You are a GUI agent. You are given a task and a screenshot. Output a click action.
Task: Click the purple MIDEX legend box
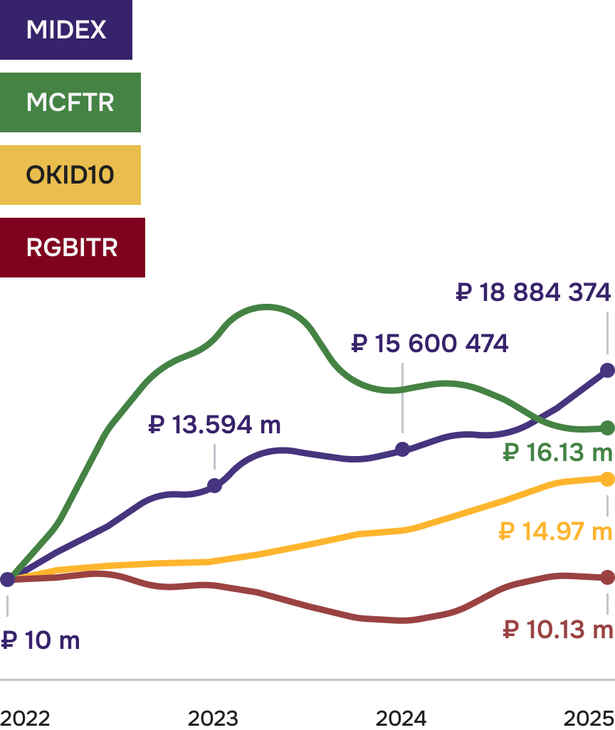click(x=65, y=29)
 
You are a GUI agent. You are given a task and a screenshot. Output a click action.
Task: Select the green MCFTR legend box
click(x=70, y=102)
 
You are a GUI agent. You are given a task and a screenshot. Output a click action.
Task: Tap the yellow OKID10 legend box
click(x=70, y=175)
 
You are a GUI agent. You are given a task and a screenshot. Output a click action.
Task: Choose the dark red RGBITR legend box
click(x=72, y=248)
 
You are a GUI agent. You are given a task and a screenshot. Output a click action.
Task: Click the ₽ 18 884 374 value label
click(x=533, y=292)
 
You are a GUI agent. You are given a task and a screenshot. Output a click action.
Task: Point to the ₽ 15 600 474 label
click(x=430, y=344)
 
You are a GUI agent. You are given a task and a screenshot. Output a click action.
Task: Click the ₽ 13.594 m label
click(x=214, y=425)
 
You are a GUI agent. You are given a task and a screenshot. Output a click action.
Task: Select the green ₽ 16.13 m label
click(x=557, y=452)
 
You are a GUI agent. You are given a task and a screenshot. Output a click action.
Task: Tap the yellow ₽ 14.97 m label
click(x=555, y=531)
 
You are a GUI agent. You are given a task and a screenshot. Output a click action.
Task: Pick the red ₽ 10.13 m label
click(x=557, y=630)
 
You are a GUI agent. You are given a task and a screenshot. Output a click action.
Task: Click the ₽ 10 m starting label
click(x=40, y=640)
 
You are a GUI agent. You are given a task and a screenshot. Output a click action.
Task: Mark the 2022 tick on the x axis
click(x=25, y=718)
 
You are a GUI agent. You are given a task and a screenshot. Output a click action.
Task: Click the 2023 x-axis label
click(x=213, y=718)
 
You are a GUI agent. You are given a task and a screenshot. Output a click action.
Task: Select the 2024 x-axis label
click(x=401, y=718)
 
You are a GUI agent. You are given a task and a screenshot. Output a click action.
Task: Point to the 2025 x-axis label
click(x=589, y=718)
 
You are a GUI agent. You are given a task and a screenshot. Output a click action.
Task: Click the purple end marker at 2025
click(x=607, y=370)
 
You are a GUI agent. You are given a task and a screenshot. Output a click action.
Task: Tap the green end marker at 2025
click(x=607, y=428)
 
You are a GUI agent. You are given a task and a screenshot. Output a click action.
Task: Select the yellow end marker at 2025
click(x=607, y=480)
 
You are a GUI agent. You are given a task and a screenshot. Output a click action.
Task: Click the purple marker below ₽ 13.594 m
click(x=214, y=486)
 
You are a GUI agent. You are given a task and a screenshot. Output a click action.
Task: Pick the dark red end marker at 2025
click(x=607, y=577)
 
